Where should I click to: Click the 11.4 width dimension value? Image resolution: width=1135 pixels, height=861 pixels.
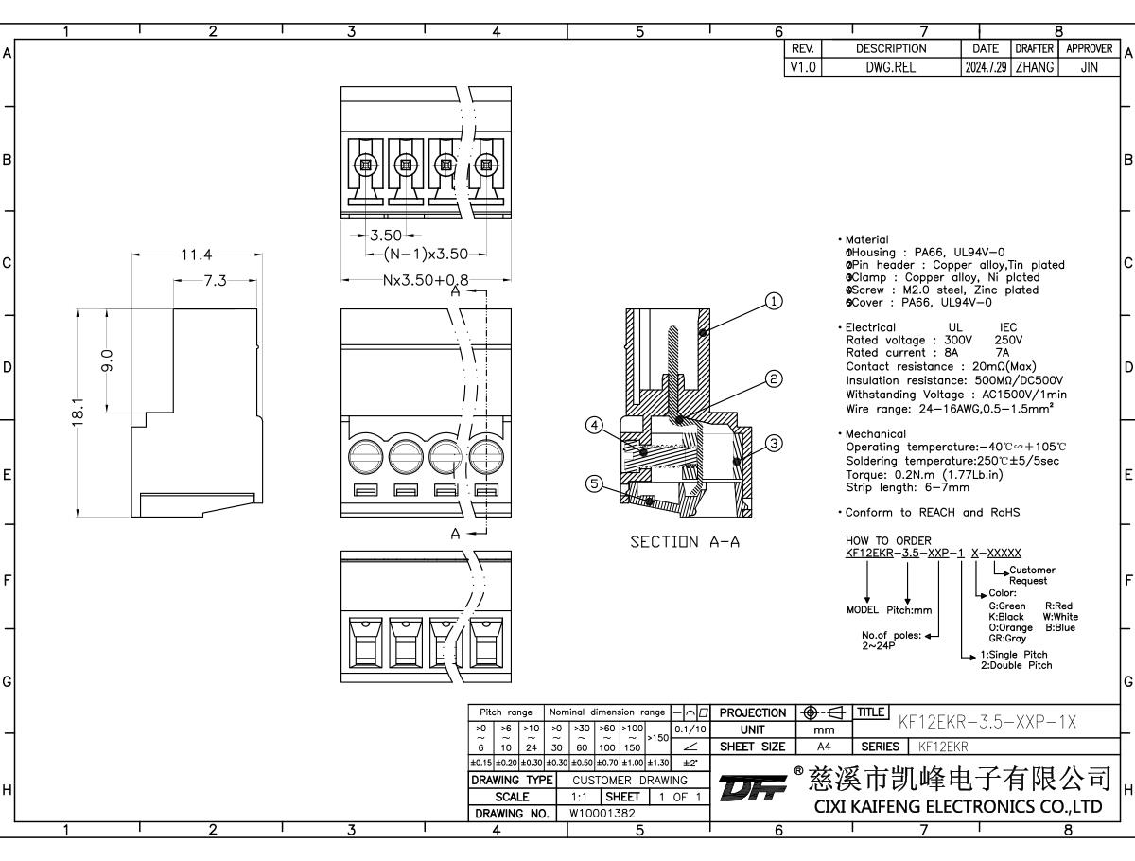196,254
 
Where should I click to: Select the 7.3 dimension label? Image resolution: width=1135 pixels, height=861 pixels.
216,280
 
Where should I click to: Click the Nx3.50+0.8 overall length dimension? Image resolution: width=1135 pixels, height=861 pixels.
426,281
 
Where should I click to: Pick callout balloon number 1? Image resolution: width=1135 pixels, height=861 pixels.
774,302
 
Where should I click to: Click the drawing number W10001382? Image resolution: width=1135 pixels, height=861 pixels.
602,813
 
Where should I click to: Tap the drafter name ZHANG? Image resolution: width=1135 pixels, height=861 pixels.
1034,68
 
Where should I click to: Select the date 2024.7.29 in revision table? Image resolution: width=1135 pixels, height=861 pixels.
986,68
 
